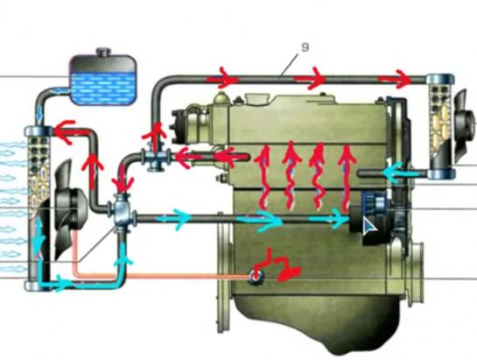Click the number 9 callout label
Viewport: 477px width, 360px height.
point(305,47)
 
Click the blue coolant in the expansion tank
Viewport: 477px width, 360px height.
point(103,89)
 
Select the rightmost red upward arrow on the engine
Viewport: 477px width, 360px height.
point(347,179)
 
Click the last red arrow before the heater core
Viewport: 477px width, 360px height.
point(397,79)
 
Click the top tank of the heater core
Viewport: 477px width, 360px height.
point(440,80)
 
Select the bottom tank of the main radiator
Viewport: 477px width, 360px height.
point(38,286)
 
